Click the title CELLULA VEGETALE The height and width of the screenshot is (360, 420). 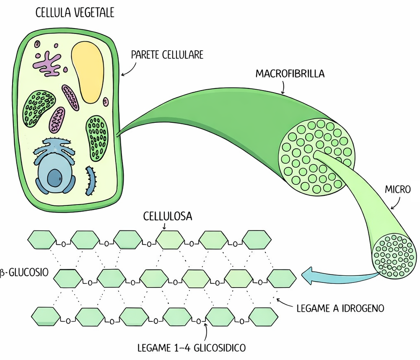(75, 13)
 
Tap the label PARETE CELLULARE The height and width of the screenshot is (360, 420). (167, 55)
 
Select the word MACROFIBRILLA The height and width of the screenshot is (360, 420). (290, 74)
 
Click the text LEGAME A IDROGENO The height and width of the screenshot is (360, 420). (340, 309)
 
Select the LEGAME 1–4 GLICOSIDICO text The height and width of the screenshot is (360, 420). (191, 348)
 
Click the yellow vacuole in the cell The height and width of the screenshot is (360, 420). (88, 71)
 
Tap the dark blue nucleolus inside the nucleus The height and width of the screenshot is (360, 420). (54, 178)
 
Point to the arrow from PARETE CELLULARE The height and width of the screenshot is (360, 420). (129, 69)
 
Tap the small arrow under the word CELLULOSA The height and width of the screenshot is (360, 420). (164, 226)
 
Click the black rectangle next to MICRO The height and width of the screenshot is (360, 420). (415, 192)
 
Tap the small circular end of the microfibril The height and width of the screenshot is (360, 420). (394, 255)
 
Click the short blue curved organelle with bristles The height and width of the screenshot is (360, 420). (91, 178)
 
